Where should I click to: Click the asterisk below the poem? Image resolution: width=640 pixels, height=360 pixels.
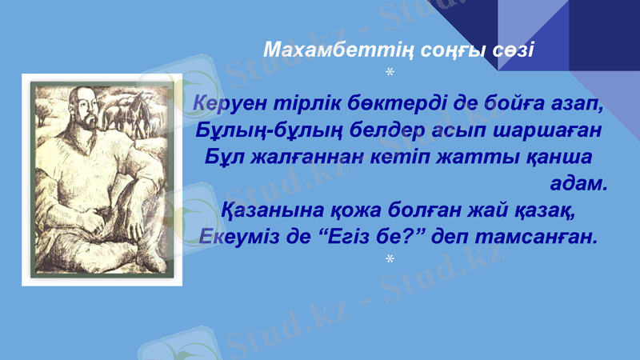[x=389, y=260]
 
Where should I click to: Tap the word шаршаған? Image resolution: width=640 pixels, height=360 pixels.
[x=544, y=130]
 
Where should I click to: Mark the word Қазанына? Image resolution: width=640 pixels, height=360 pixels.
[x=272, y=211]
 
